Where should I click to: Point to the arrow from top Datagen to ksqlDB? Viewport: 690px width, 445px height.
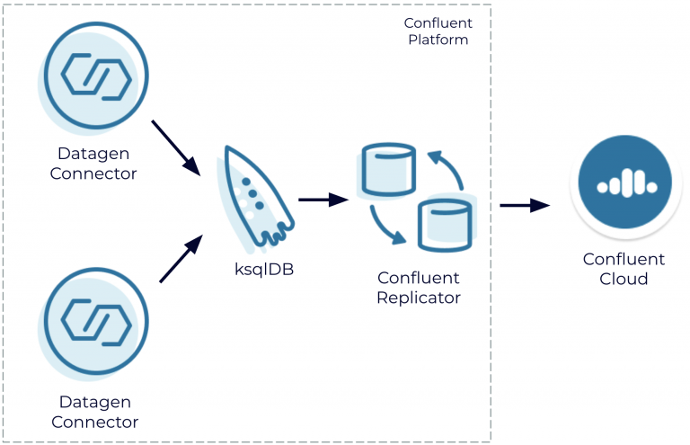(x=175, y=145)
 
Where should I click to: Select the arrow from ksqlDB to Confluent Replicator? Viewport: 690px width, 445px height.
(x=323, y=200)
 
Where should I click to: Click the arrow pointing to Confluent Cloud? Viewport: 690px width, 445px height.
(x=525, y=205)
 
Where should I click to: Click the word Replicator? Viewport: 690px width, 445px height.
(x=420, y=298)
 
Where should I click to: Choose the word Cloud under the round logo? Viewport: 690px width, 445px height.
(x=624, y=279)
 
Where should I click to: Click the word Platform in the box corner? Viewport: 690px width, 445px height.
(x=438, y=40)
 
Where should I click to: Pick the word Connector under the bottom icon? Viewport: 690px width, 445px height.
(x=94, y=422)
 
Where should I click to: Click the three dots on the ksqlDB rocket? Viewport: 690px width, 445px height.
(x=254, y=194)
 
